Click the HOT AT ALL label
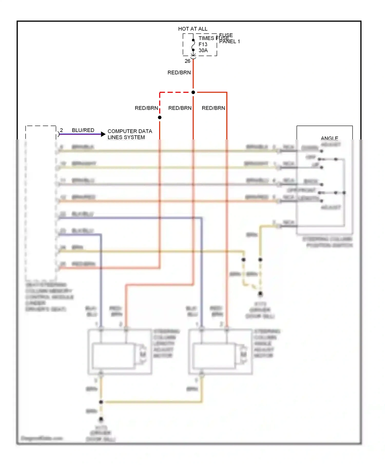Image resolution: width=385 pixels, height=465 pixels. [x=193, y=29]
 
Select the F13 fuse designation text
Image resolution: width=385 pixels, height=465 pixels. [x=203, y=44]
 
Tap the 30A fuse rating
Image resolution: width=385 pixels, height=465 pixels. [x=203, y=50]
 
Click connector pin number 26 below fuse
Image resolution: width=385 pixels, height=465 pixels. [x=187, y=61]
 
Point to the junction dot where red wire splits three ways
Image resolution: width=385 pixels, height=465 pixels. [x=193, y=92]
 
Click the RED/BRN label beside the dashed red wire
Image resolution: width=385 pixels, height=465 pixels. [x=146, y=108]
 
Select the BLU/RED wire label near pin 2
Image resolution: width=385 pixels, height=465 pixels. [x=83, y=130]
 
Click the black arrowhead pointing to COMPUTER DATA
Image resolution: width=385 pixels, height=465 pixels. [x=103, y=134]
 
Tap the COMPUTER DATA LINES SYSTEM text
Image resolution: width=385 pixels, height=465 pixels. [x=130, y=134]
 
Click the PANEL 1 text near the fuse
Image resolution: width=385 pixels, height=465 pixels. [x=229, y=42]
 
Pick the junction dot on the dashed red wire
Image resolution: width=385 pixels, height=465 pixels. [x=160, y=117]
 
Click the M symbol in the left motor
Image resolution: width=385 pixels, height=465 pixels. [x=143, y=354]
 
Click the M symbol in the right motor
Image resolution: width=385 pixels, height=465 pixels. [x=243, y=354]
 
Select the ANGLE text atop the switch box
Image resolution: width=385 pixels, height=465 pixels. [x=329, y=138]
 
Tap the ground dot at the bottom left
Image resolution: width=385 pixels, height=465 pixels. [x=101, y=419]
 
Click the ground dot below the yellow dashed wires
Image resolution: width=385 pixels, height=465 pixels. [x=260, y=294]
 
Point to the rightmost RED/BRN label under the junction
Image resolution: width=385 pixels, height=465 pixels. [x=213, y=108]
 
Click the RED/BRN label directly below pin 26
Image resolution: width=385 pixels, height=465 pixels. [x=179, y=73]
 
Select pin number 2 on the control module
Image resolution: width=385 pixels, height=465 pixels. [x=61, y=130]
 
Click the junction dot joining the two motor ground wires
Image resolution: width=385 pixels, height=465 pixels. [x=101, y=402]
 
